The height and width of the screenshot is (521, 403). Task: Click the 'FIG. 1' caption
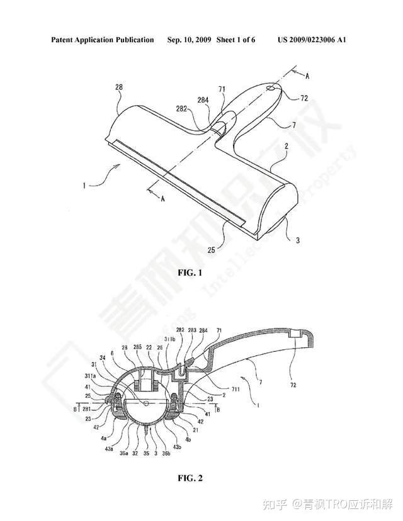click(191, 273)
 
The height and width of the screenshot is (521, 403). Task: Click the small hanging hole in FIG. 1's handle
click(270, 89)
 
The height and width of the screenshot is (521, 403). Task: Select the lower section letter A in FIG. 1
click(162, 199)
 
